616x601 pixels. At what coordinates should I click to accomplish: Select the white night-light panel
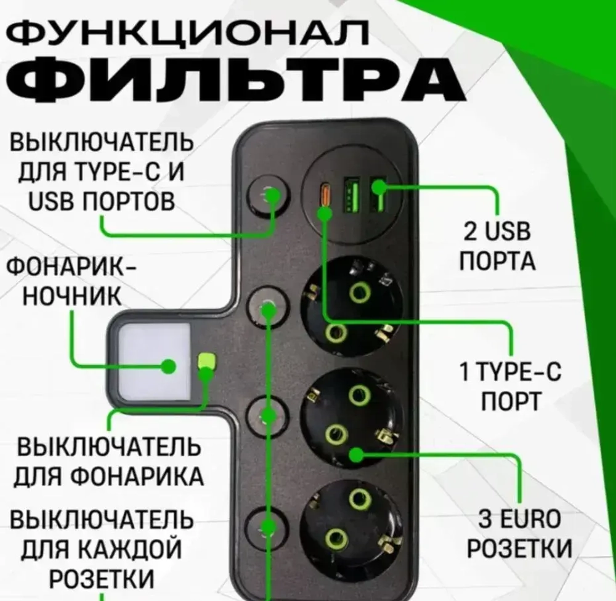click(149, 360)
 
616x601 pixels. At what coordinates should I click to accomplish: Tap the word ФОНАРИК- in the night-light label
click(71, 271)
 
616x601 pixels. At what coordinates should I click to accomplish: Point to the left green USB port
click(352, 195)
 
